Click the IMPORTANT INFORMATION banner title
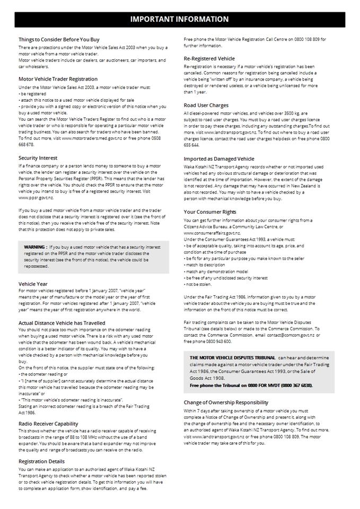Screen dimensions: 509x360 point(180,19)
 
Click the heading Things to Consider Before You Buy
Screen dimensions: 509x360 point(59,39)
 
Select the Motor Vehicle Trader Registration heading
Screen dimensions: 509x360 point(58,79)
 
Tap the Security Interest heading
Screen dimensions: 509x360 point(38,158)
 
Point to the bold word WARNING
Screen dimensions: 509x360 point(34,247)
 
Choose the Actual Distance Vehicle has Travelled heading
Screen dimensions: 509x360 point(62,323)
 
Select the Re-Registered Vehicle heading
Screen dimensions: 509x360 point(209,58)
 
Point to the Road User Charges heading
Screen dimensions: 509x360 point(206,105)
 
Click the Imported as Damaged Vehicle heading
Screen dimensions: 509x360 point(219,159)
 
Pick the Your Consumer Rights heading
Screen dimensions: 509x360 point(210,212)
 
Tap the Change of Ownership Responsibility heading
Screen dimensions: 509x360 point(226,402)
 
